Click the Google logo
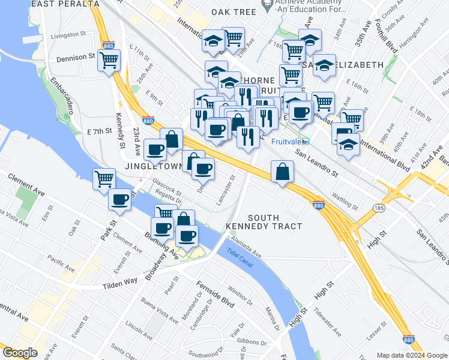(x=20, y=353)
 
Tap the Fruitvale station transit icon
(x=306, y=142)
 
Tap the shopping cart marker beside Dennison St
(x=109, y=61)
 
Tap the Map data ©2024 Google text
(x=412, y=355)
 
